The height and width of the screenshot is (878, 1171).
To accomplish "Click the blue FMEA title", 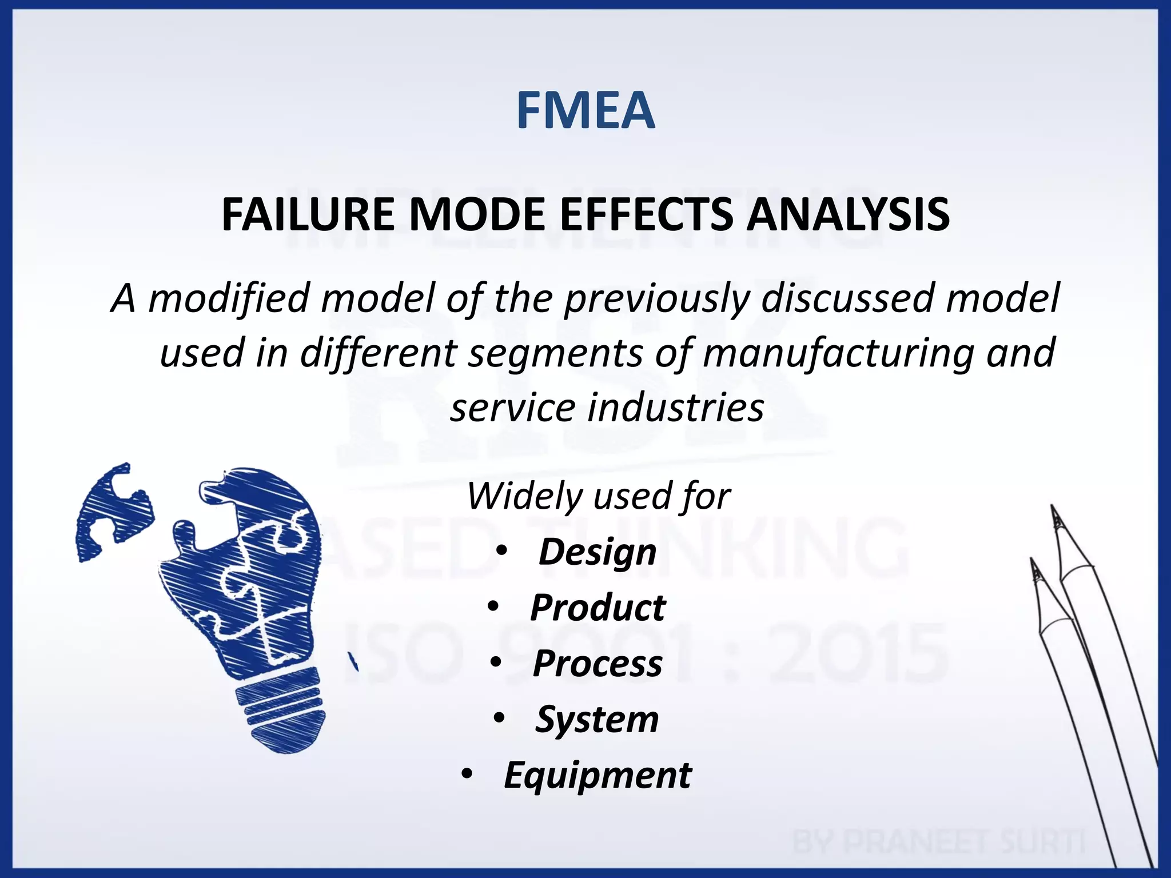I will pos(585,110).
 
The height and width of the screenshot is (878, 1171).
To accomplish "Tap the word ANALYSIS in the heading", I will pos(849,214).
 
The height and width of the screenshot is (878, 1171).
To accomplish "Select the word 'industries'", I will pos(675,408).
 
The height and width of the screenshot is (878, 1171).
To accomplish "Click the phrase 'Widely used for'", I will pos(598,496).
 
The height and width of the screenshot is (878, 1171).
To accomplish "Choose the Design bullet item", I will pos(597,552).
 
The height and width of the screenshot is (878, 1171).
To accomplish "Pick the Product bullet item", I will pos(598,608).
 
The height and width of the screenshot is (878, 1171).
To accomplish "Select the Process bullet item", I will pos(597,664).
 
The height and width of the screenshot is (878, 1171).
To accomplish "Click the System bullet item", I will pos(597,719).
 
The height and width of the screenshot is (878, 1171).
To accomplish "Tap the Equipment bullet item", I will pos(597,775).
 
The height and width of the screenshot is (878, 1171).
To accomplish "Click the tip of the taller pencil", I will pos(1053,509).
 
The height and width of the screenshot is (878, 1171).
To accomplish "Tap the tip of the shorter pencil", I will pos(1033,563).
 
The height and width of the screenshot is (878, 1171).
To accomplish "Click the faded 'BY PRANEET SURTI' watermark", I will pos(938,842).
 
